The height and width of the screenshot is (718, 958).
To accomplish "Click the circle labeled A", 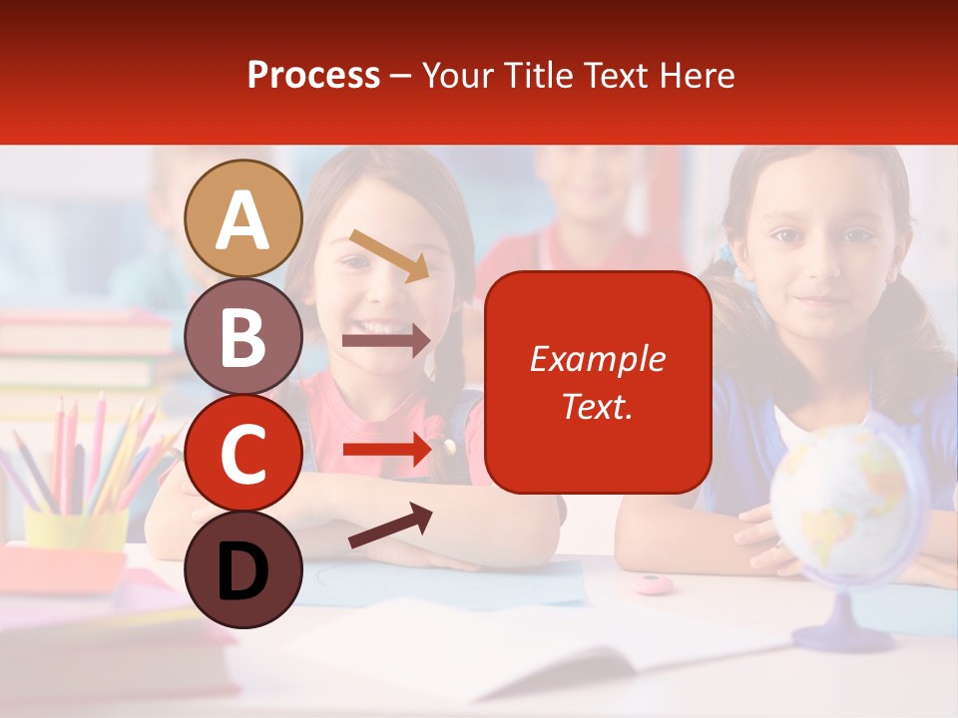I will pyautogui.click(x=243, y=219).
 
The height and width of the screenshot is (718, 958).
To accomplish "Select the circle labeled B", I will pyautogui.click(x=243, y=336).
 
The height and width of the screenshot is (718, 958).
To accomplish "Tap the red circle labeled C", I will pyautogui.click(x=243, y=453).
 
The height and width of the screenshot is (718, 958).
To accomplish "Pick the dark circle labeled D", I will pyautogui.click(x=243, y=569).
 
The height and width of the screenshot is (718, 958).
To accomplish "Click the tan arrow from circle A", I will pyautogui.click(x=389, y=255).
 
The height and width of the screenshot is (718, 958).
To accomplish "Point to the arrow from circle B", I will pyautogui.click(x=386, y=340).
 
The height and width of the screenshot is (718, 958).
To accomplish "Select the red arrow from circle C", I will pyautogui.click(x=386, y=450).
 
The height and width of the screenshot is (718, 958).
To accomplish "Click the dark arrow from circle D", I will pyautogui.click(x=389, y=527).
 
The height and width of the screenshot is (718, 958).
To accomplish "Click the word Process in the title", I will pyautogui.click(x=313, y=75).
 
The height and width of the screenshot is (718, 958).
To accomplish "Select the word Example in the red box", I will pyautogui.click(x=597, y=359).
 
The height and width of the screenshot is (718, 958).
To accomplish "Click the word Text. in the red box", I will pyautogui.click(x=597, y=406).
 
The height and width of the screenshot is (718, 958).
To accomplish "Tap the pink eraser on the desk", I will pyautogui.click(x=654, y=583).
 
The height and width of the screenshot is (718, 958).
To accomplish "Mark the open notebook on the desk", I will pyautogui.click(x=519, y=648).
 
